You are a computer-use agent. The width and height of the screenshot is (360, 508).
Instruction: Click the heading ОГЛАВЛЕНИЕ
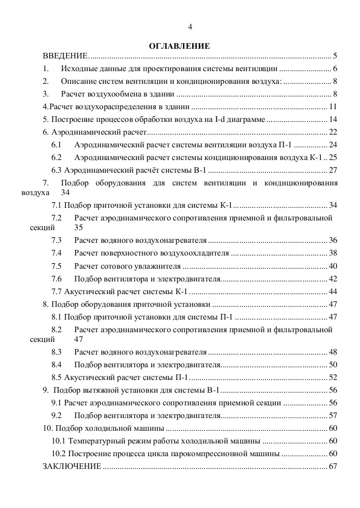point(179,46)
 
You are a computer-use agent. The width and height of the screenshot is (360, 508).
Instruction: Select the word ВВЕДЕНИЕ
point(65,55)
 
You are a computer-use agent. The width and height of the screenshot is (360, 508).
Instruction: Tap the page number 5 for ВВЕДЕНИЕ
point(336,55)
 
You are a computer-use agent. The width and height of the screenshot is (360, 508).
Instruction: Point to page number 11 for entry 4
point(334,107)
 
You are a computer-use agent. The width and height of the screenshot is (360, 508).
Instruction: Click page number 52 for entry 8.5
point(334,377)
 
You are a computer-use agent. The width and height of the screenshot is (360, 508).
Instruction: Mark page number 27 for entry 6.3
point(334,170)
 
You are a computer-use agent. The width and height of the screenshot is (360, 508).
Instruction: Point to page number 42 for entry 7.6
point(334,278)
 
